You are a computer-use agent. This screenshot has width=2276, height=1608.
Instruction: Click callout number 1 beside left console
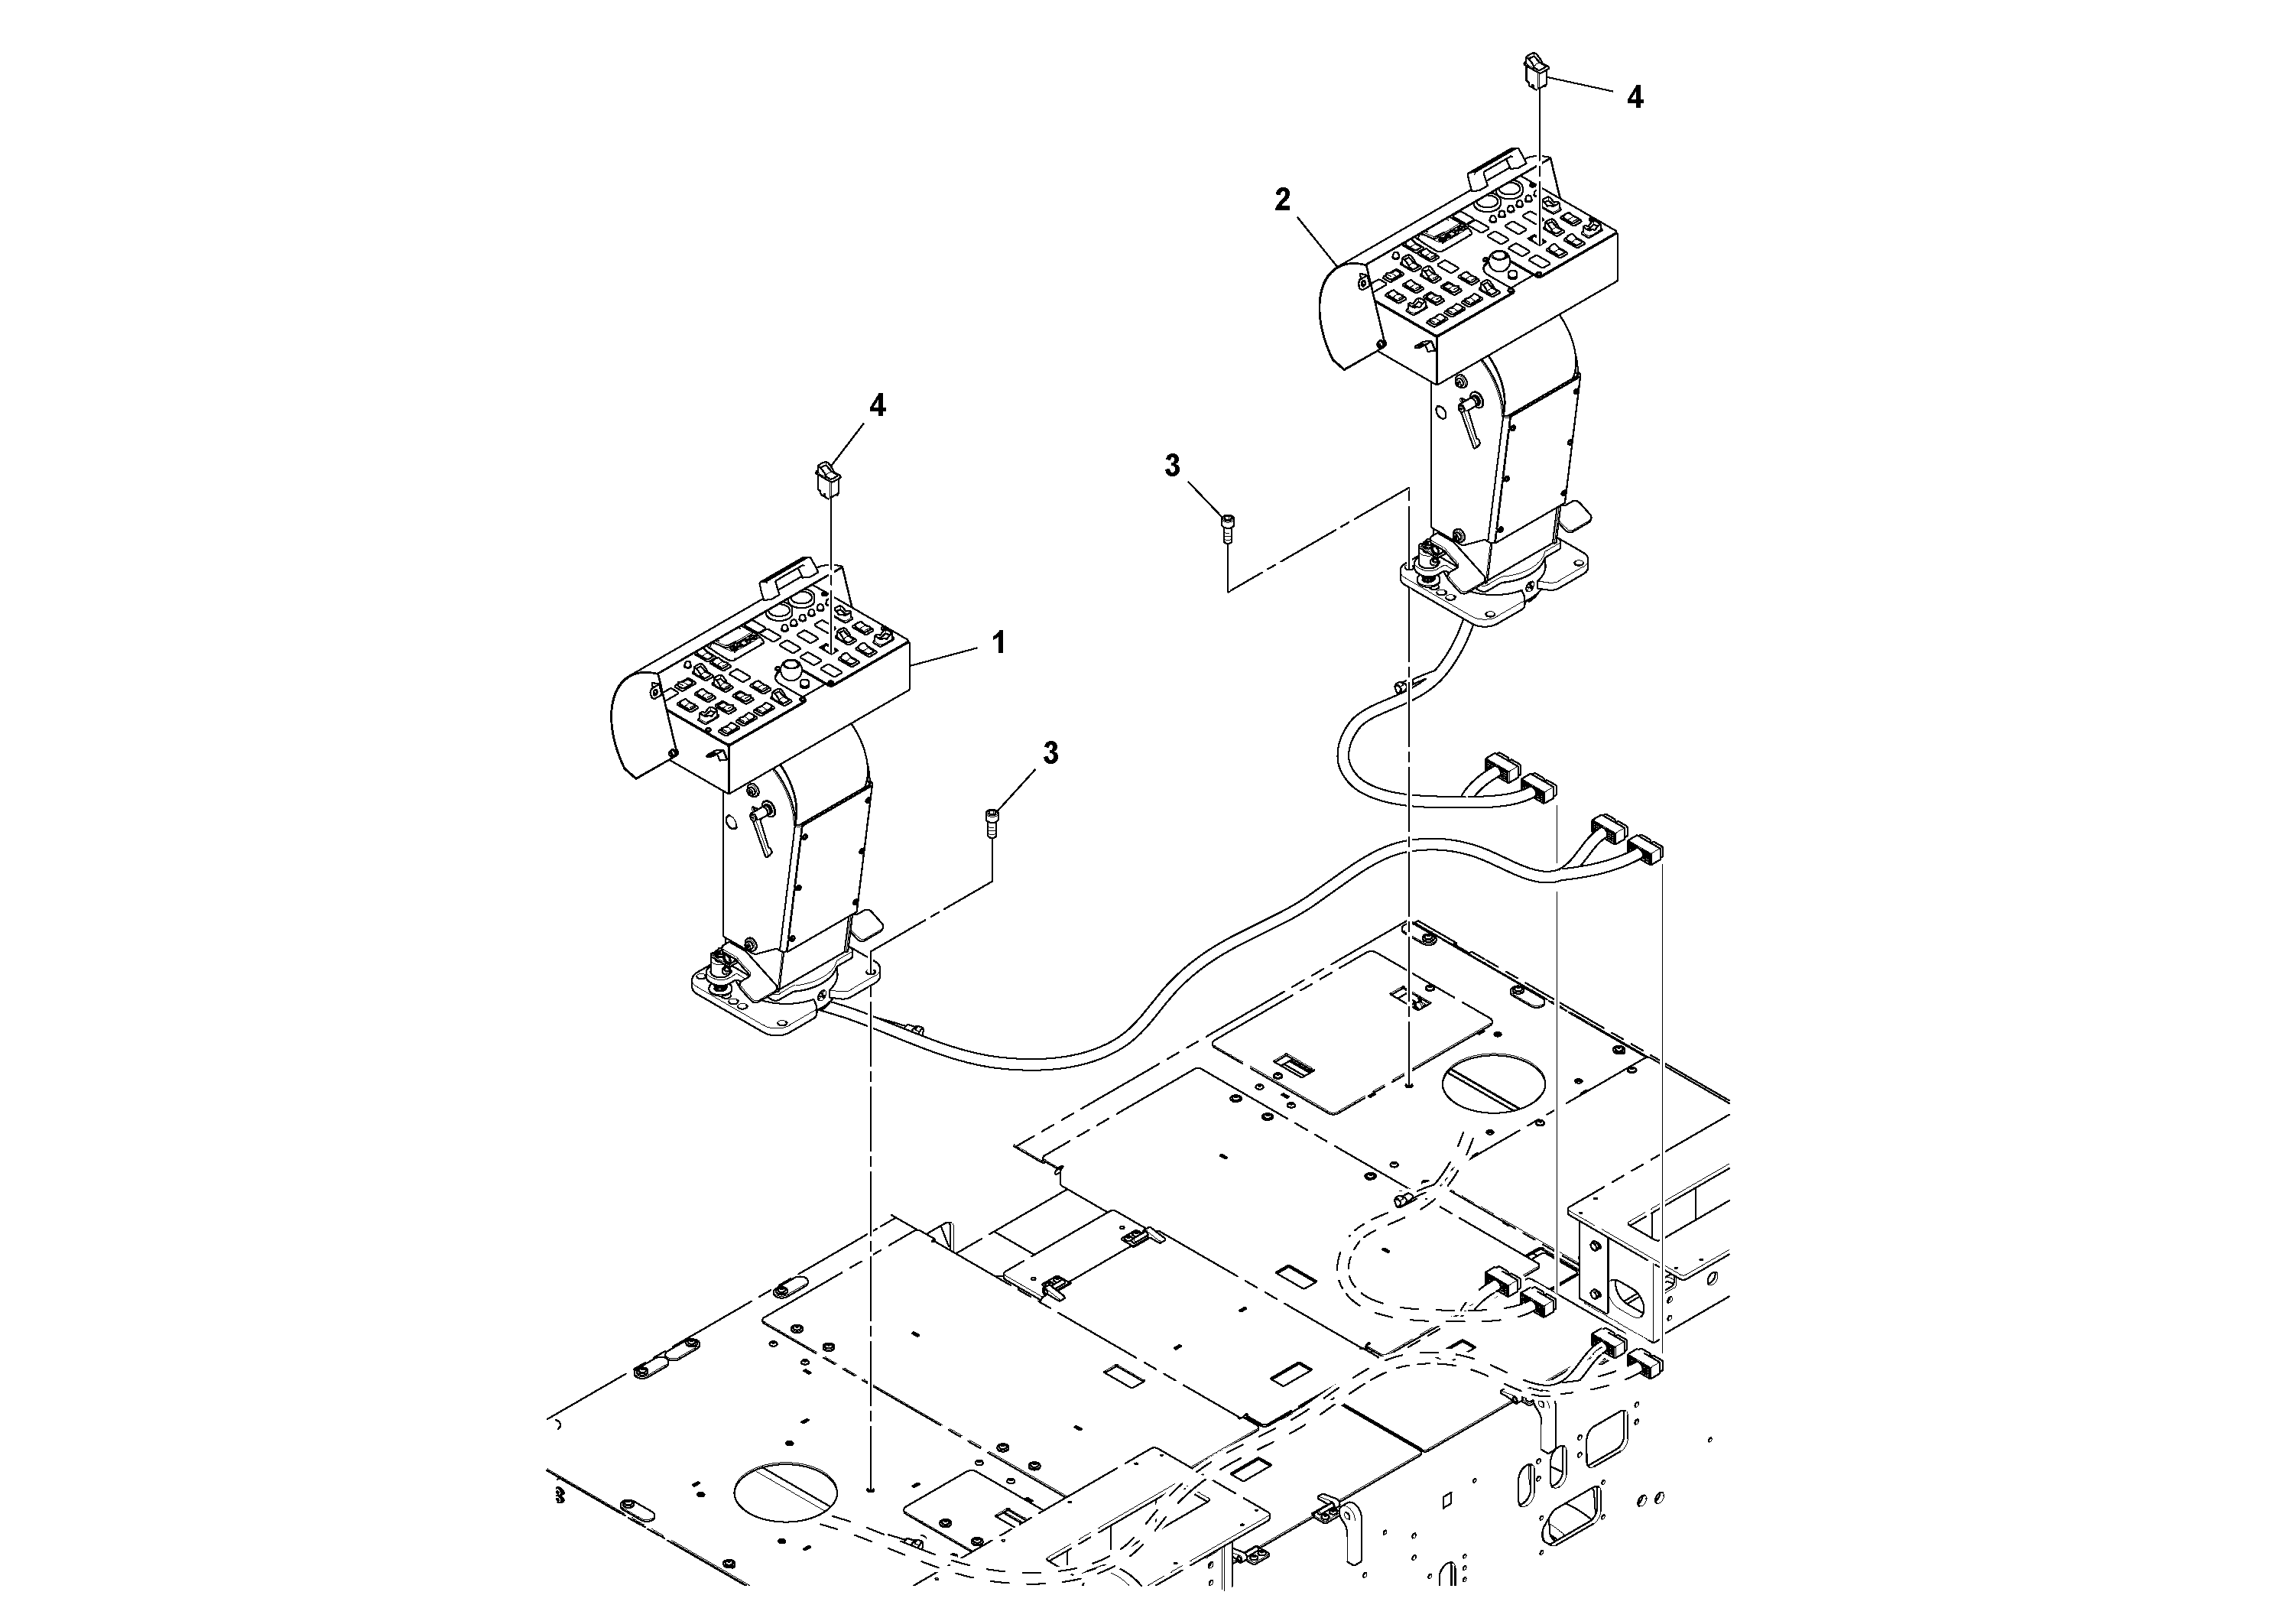click(x=999, y=643)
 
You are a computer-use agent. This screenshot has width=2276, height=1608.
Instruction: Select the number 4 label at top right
click(x=1635, y=97)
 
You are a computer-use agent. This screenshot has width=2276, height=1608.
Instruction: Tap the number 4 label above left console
click(x=877, y=405)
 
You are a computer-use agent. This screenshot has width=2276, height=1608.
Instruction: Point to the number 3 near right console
click(x=1173, y=466)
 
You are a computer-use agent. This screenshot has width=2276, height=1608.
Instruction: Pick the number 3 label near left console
click(x=1050, y=753)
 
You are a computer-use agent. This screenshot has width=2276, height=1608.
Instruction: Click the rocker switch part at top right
click(x=1535, y=70)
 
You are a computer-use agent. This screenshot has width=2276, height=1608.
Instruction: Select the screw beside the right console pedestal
click(x=1228, y=528)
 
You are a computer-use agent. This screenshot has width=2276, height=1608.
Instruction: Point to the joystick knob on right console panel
click(x=1500, y=263)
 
